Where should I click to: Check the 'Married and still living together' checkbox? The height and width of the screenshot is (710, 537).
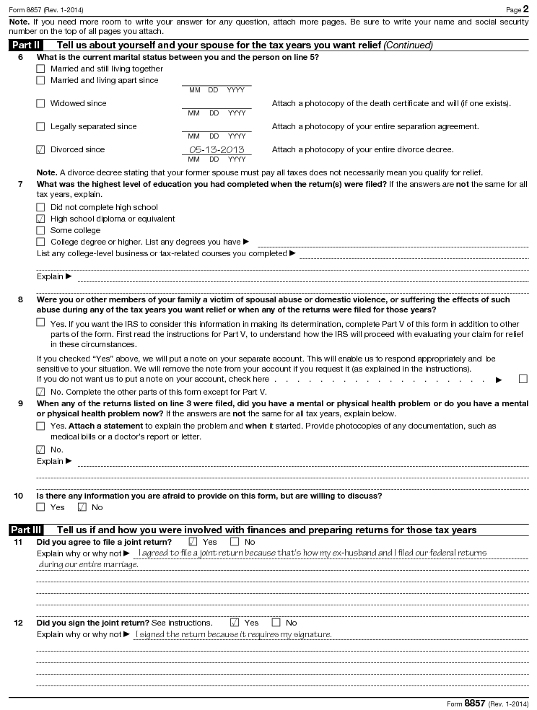(x=40, y=69)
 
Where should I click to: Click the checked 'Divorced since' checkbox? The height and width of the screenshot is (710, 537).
(x=40, y=150)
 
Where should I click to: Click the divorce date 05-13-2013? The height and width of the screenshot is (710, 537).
(x=217, y=150)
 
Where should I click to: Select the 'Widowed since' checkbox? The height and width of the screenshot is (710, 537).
(x=40, y=104)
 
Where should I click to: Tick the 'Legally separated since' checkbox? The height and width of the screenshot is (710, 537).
(x=40, y=127)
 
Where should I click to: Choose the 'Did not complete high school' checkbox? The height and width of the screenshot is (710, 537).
(x=40, y=208)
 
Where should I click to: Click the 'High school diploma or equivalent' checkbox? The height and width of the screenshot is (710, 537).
(x=40, y=219)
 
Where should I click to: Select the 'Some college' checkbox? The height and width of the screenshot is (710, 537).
(x=40, y=231)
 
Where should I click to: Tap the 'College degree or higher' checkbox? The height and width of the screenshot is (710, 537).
(x=40, y=242)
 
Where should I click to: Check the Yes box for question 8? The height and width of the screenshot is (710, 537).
(x=40, y=323)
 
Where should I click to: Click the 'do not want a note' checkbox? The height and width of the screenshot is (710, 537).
(x=523, y=379)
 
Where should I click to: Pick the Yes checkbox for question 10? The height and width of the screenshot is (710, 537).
(x=40, y=507)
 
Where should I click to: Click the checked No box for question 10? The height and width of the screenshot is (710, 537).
(x=82, y=507)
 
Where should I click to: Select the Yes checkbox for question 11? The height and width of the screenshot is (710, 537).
(x=193, y=542)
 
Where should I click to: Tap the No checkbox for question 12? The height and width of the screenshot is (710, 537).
(x=276, y=623)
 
